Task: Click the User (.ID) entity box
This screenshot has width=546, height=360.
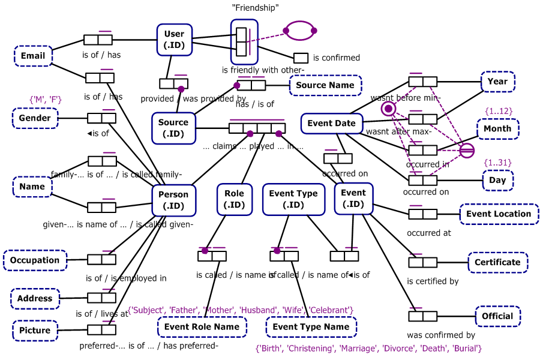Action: (x=174, y=40)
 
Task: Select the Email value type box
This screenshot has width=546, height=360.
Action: (x=33, y=56)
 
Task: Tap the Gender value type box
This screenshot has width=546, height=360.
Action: (x=35, y=118)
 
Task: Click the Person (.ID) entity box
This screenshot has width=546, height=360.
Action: (x=173, y=200)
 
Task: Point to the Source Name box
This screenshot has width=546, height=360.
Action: (x=325, y=85)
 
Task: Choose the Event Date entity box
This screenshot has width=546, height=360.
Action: (x=331, y=124)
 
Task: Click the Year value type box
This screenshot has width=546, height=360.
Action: (x=497, y=82)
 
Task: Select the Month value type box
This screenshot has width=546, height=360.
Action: (x=497, y=128)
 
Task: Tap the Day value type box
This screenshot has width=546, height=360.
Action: (x=497, y=180)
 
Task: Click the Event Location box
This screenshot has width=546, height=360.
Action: (x=499, y=214)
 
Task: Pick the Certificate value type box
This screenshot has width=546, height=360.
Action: (x=497, y=262)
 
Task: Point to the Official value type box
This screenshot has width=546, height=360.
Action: (x=497, y=316)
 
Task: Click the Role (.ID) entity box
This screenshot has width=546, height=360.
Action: (x=234, y=199)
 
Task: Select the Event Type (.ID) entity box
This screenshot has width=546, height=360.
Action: (x=293, y=199)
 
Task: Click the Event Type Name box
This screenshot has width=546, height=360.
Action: (x=311, y=327)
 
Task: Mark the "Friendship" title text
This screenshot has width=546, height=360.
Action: (x=256, y=8)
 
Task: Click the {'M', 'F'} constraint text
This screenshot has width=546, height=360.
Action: (x=46, y=99)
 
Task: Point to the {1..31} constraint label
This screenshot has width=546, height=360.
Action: (x=497, y=163)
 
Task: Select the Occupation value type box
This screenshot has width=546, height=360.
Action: (x=35, y=260)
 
